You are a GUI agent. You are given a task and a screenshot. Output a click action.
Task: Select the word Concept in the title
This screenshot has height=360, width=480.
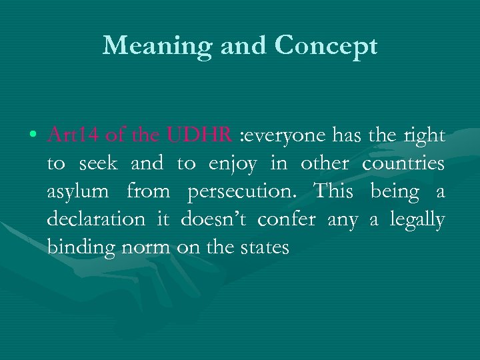(x=326, y=45)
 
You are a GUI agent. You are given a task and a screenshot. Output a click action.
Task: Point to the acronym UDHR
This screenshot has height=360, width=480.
(x=200, y=136)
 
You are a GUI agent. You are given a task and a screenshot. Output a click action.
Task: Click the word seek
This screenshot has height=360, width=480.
(x=98, y=164)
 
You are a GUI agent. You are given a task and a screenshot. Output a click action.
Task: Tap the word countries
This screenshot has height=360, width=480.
(x=403, y=164)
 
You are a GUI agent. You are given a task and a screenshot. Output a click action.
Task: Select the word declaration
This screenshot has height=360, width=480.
(x=95, y=220)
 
